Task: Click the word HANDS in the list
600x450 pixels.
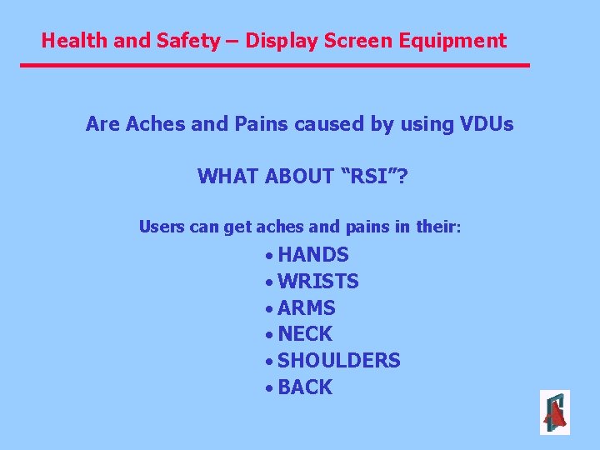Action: (313, 255)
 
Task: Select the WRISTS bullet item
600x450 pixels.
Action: (318, 282)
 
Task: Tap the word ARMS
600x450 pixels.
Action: (307, 308)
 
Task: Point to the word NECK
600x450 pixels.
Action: (305, 334)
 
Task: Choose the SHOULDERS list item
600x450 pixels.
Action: (338, 361)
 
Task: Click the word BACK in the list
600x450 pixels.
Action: (305, 387)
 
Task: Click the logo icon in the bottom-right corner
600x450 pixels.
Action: (554, 412)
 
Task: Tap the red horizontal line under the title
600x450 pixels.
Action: (275, 65)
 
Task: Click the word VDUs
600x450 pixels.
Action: (487, 125)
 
